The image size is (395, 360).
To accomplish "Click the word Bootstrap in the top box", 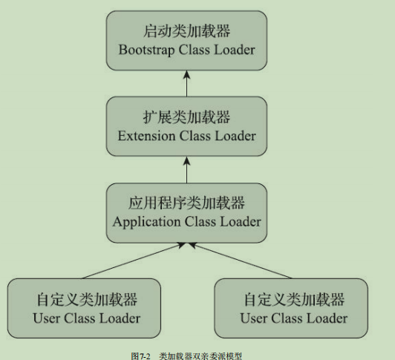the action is (146, 50).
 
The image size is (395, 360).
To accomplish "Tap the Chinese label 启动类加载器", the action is (186, 31).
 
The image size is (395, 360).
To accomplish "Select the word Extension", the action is (146, 136).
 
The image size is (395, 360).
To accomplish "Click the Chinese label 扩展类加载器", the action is (186, 117).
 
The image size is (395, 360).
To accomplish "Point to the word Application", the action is (146, 222).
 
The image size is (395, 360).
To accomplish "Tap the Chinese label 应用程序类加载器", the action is (186, 203).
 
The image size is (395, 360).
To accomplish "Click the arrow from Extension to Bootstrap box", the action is (186, 83).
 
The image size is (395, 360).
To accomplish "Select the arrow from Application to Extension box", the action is (186, 170).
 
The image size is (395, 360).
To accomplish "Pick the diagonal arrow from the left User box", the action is (134, 261).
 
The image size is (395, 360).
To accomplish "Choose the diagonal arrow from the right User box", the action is (240, 261).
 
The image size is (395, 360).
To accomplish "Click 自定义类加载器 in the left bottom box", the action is (87, 300).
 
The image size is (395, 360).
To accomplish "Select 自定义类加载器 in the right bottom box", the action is (294, 300).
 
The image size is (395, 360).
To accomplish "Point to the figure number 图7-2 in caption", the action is (140, 356).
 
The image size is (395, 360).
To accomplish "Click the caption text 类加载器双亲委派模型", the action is (200, 356).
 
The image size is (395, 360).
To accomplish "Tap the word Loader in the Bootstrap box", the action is (235, 50).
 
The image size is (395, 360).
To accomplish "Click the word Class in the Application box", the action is (200, 222).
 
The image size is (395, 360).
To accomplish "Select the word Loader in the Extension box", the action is (235, 136).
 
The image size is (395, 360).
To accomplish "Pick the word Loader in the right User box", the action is (327, 318).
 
